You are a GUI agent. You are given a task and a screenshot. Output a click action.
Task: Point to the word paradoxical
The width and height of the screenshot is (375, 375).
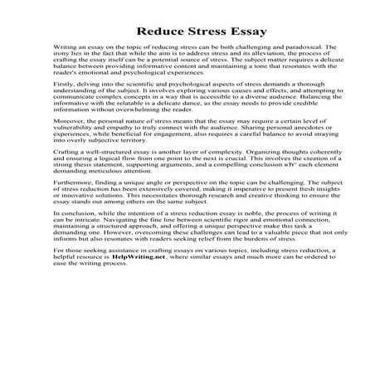[300, 49]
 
